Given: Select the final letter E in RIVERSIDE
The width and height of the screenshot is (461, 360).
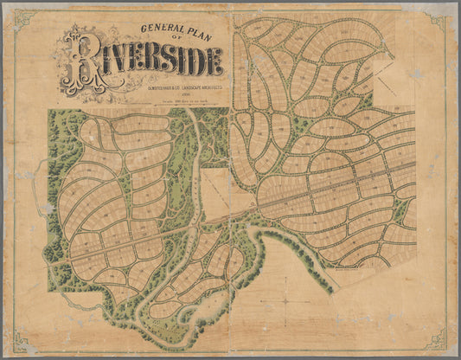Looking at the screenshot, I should click(214, 61).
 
